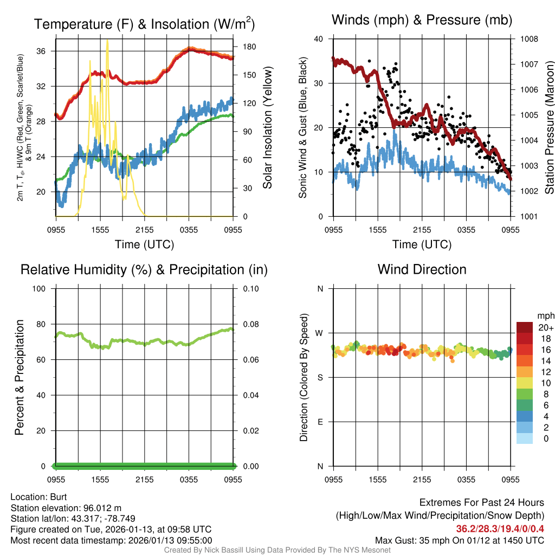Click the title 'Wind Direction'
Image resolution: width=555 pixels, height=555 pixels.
point(422,269)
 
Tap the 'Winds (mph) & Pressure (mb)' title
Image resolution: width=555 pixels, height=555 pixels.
point(422,21)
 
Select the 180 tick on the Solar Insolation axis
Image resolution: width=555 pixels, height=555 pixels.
point(244,47)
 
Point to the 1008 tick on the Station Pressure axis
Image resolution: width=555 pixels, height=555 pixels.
point(528,39)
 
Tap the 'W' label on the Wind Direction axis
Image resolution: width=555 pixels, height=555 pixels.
point(319,333)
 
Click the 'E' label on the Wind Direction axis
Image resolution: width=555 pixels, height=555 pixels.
point(320,422)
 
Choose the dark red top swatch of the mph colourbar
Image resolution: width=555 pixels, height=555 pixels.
point(525,327)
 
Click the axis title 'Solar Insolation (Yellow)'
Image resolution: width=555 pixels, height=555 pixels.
point(267,127)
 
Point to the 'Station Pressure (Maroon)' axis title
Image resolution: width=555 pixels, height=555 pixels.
point(548,127)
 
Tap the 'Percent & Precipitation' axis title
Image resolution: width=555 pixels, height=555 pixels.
point(19,377)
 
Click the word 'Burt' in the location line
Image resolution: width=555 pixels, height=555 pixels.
point(58,496)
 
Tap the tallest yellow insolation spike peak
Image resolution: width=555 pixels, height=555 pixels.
point(107,41)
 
